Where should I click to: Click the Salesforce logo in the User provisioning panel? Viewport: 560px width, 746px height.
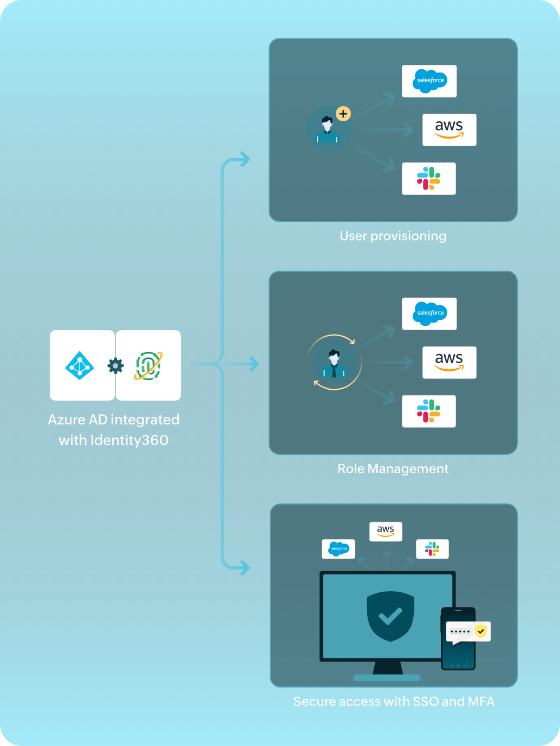point(429,81)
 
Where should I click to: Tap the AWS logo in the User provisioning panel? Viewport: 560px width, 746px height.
point(449,129)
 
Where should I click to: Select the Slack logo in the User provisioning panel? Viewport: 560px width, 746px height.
point(428,178)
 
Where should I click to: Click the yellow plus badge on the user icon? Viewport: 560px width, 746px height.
point(343,114)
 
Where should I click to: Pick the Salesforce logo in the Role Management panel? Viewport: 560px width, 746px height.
point(429,313)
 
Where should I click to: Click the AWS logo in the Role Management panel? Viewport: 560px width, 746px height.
point(449,362)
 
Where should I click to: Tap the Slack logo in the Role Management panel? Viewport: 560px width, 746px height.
point(428,411)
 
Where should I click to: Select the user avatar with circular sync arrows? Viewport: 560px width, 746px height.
point(334,362)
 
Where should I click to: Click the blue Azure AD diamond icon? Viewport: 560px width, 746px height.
point(80,366)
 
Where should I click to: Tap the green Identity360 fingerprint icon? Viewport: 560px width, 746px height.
point(148,366)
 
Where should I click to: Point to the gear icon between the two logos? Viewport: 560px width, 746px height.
point(115,366)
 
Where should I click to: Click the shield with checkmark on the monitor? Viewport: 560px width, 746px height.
point(390,616)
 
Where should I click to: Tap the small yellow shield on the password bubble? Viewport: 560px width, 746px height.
point(481,631)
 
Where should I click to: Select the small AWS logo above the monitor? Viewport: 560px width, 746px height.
point(386,531)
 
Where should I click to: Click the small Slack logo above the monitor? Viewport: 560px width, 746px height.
point(432,549)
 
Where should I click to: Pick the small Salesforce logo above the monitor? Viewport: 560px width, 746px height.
point(338,548)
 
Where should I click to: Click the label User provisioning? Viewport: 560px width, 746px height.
point(393,236)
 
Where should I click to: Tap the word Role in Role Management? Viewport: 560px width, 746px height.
point(351,469)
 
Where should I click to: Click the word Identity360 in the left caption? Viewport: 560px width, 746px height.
point(129,440)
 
